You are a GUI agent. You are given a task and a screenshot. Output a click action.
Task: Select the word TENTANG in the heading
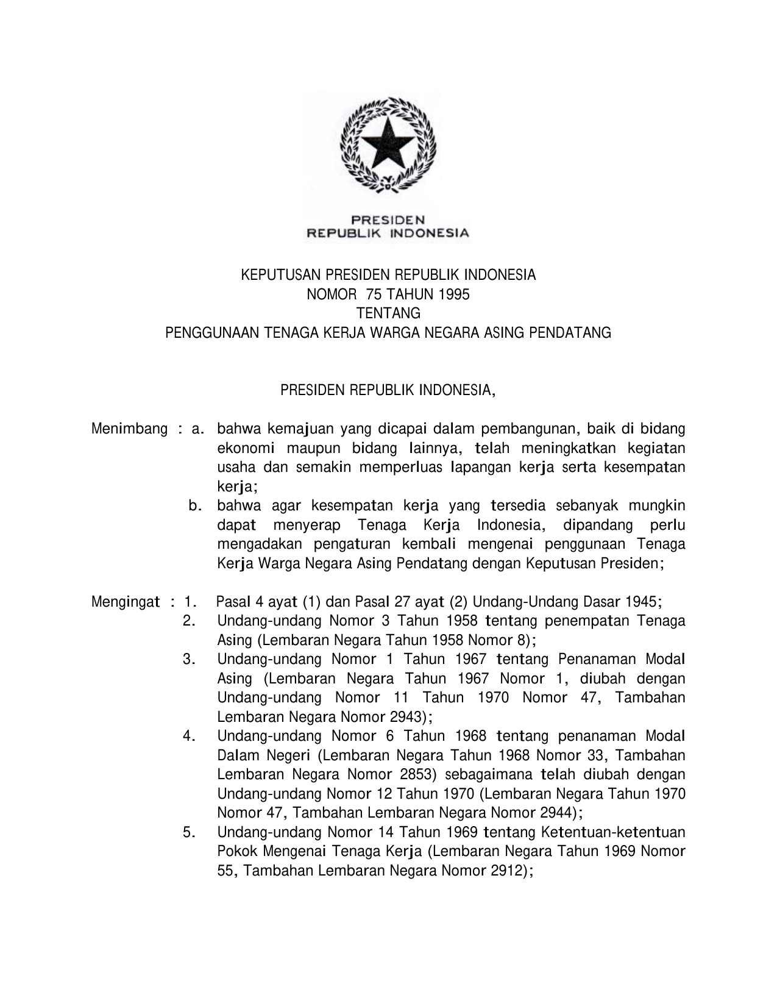tap(388, 313)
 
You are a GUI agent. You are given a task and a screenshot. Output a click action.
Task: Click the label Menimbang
tap(129, 429)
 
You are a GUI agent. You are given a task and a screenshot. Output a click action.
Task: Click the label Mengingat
tap(126, 602)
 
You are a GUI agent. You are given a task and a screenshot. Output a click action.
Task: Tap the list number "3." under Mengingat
tap(189, 660)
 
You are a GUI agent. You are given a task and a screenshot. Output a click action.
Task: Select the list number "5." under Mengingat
tap(189, 832)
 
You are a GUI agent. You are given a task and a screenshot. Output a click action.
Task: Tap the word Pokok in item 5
tap(235, 852)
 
